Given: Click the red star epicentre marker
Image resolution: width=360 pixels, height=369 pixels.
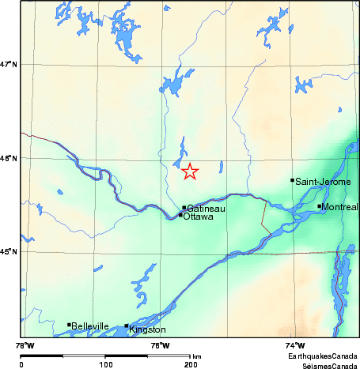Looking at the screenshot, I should (x=190, y=171).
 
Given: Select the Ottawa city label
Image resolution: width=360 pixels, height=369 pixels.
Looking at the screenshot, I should (x=199, y=216).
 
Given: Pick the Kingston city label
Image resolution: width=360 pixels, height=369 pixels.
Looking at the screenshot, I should (x=148, y=329).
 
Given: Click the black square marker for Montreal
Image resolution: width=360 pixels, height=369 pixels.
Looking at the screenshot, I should (x=320, y=206).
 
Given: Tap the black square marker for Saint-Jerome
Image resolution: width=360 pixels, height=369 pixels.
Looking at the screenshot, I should (x=293, y=180).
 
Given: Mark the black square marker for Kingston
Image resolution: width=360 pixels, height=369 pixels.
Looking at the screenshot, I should (x=127, y=326).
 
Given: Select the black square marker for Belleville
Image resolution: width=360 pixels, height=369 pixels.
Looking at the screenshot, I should (x=69, y=325).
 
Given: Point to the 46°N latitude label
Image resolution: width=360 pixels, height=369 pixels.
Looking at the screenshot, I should (x=9, y=159).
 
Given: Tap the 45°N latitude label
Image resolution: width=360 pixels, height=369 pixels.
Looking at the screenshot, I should (x=9, y=252).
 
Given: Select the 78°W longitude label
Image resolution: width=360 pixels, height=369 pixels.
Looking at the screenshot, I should (x=25, y=345).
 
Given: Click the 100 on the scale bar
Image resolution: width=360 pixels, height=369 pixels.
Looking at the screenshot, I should (x=105, y=365).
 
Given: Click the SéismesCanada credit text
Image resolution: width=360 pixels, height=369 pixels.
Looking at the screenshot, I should (x=328, y=366).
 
